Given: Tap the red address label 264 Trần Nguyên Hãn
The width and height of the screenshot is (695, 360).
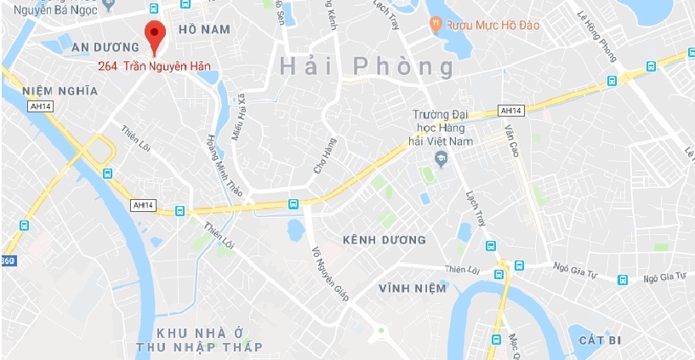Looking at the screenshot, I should (154, 66).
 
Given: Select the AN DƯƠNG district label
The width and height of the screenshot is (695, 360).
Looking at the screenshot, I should (105, 46).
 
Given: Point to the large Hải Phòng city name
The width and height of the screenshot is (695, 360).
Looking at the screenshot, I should (366, 66).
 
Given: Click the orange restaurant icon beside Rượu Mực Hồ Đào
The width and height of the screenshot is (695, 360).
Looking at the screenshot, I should (436, 25).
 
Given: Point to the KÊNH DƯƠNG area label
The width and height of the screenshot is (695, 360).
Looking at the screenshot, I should (383, 240).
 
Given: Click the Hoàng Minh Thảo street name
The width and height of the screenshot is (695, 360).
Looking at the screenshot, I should (223, 166).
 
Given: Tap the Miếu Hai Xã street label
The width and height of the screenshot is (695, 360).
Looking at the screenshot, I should (239, 117).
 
